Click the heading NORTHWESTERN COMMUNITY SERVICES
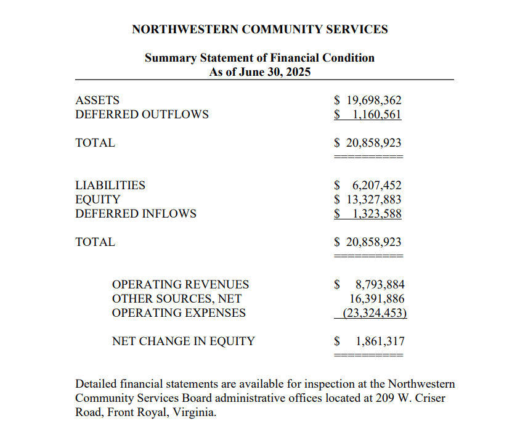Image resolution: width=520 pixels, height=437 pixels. click(x=259, y=29)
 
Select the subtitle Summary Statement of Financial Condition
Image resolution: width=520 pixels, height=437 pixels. click(x=259, y=58)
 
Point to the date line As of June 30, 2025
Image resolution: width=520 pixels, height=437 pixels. click(x=259, y=72)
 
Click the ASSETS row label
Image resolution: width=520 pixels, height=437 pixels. click(x=97, y=100)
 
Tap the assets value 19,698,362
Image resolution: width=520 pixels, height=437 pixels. click(x=373, y=100)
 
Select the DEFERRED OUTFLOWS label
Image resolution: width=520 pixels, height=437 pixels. click(x=142, y=114)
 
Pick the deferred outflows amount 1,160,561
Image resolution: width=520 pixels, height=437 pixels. click(x=376, y=114)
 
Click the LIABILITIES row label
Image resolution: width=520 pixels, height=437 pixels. click(x=110, y=185)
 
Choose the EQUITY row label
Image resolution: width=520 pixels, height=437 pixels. click(x=97, y=199)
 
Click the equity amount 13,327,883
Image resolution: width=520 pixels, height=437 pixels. click(x=373, y=199)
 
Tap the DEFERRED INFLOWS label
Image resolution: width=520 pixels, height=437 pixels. click(x=136, y=213)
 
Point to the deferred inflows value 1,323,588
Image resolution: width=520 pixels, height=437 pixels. click(x=376, y=213)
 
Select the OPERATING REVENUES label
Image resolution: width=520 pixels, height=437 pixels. click(x=180, y=284)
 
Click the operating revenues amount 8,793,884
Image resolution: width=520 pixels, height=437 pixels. click(x=380, y=284)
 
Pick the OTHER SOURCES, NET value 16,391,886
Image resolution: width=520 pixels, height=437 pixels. click(x=376, y=298)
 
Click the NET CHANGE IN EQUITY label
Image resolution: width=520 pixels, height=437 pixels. click(x=183, y=341)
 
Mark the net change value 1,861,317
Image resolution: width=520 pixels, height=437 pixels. click(x=380, y=341)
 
